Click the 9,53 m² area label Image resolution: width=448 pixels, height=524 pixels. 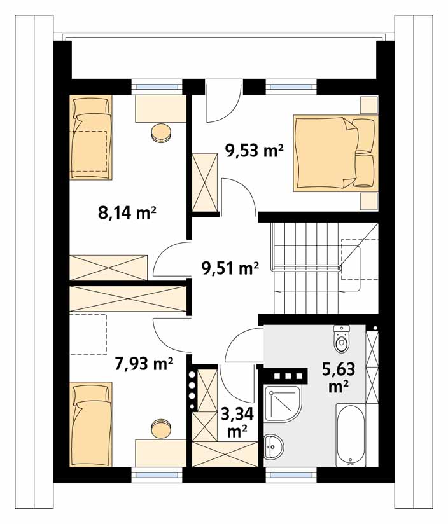(255, 151)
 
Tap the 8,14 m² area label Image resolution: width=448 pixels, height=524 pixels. (127, 212)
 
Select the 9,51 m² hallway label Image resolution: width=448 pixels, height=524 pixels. (230, 268)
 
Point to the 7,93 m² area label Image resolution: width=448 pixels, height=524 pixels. (144, 364)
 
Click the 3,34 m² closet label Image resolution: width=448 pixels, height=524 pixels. (237, 422)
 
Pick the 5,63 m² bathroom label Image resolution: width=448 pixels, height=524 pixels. (339, 378)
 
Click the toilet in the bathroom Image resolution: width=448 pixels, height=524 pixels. (341, 338)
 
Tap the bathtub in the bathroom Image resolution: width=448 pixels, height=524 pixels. (351, 435)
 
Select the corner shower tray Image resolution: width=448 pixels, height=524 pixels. (283, 404)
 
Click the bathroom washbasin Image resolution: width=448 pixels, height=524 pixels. (274, 446)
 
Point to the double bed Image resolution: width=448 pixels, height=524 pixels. (335, 153)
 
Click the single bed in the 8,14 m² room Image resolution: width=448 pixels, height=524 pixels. (91, 138)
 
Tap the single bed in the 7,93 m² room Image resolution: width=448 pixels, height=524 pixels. (91, 424)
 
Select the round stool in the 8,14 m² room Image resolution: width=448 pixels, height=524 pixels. (162, 133)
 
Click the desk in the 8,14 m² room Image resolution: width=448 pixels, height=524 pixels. (161, 109)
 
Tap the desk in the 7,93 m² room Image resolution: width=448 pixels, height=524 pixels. (161, 453)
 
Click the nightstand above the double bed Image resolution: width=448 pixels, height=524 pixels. (368, 104)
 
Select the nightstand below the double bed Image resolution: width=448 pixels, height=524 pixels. (368, 201)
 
